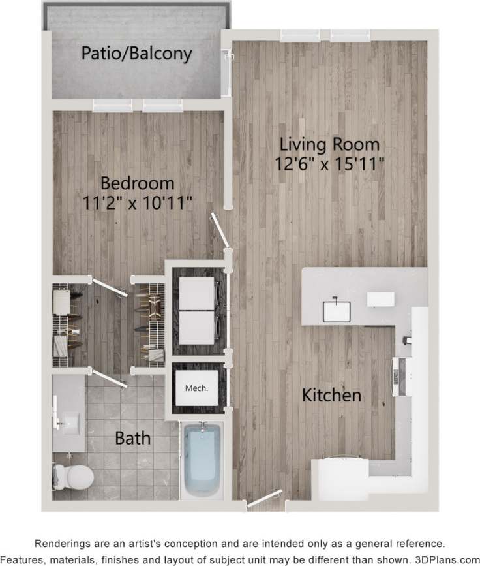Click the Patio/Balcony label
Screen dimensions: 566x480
click(136, 54)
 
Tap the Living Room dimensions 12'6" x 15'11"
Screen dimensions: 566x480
click(329, 162)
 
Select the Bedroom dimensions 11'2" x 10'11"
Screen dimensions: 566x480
click(137, 202)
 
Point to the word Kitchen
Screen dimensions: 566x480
click(331, 395)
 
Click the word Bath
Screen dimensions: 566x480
click(132, 437)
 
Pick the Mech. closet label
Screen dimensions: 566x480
click(196, 388)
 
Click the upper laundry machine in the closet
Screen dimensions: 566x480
click(197, 294)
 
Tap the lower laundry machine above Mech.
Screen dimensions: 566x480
click(197, 328)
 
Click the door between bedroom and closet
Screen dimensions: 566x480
click(108, 287)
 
